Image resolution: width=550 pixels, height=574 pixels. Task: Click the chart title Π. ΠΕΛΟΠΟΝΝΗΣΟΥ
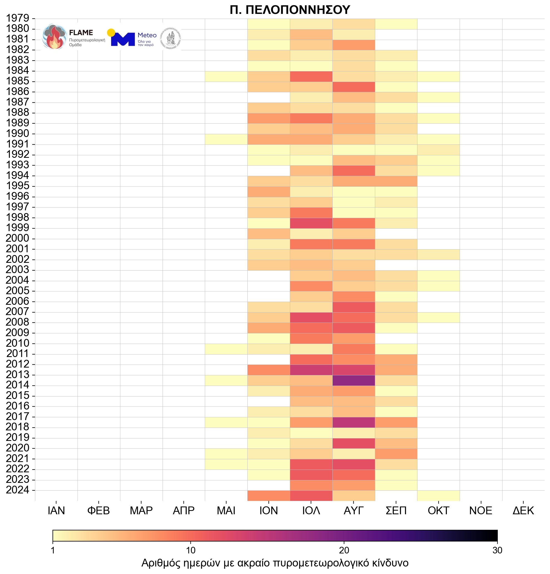pyautogui.click(x=290, y=10)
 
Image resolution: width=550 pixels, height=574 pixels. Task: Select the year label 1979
pyautogui.click(x=18, y=18)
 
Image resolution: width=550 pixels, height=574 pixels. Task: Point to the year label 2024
pyautogui.click(x=18, y=490)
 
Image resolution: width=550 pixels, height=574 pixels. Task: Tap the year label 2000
pyautogui.click(x=18, y=238)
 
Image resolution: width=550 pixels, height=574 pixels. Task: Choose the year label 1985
pyautogui.click(x=18, y=81)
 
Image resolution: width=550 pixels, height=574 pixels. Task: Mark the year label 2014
pyautogui.click(x=18, y=385)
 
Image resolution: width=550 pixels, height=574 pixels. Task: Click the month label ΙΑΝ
pyautogui.click(x=56, y=511)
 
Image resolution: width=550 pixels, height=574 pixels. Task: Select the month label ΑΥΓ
pyautogui.click(x=354, y=511)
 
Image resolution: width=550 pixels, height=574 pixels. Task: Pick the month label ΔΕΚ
pyautogui.click(x=523, y=511)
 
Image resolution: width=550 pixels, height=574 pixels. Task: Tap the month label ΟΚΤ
pyautogui.click(x=438, y=511)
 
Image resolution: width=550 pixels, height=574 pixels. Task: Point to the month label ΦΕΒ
pyautogui.click(x=98, y=511)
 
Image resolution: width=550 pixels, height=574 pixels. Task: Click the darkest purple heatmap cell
pyautogui.click(x=354, y=380)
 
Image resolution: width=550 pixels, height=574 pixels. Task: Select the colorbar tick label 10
pyautogui.click(x=190, y=551)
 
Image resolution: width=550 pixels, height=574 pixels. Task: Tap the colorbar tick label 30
pyautogui.click(x=497, y=551)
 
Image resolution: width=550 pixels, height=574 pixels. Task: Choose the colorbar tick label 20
pyautogui.click(x=344, y=551)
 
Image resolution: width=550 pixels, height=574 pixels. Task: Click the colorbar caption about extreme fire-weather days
pyautogui.click(x=275, y=563)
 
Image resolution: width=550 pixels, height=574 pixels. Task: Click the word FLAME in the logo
pyautogui.click(x=81, y=33)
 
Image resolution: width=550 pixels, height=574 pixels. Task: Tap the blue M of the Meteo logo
pyautogui.click(x=123, y=39)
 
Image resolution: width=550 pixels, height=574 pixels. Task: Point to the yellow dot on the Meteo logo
pyautogui.click(x=111, y=33)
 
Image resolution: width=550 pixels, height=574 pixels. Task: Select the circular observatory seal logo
pyautogui.click(x=171, y=39)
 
